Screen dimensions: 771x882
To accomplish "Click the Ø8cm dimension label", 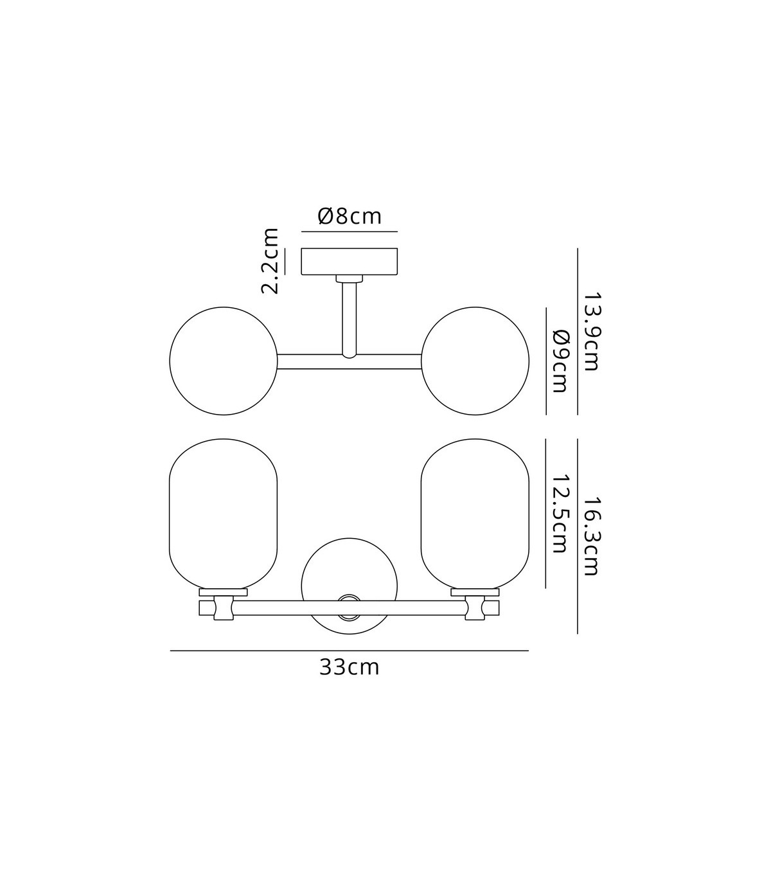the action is (350, 217).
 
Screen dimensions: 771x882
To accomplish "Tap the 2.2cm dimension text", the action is (270, 261).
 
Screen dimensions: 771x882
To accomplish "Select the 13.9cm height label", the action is (591, 332).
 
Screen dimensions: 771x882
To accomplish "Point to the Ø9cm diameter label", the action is (560, 361).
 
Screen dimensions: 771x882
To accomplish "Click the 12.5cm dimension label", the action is (560, 514).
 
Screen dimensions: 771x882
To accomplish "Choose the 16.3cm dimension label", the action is (591, 536).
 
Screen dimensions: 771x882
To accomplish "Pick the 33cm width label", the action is (350, 667).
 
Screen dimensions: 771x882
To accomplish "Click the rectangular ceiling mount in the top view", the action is (350, 261).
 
